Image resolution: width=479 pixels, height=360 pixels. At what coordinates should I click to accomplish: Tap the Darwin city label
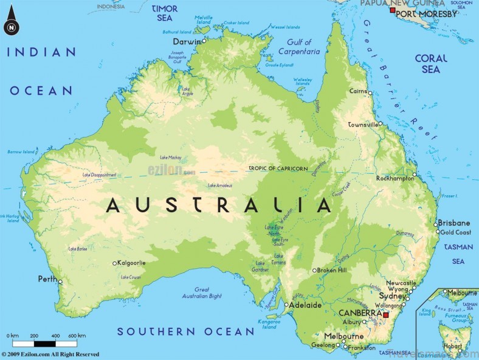coord(186,41)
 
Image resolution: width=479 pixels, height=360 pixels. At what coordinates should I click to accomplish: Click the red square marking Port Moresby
coord(393,12)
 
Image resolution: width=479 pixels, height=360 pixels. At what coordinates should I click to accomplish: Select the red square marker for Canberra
coord(385,315)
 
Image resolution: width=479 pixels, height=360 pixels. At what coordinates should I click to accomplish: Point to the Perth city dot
coord(60,282)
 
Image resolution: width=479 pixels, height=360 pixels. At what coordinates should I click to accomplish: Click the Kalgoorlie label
coord(132,263)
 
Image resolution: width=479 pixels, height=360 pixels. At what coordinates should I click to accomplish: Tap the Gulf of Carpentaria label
coord(299,47)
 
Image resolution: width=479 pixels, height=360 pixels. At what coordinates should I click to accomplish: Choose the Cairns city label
coord(357,92)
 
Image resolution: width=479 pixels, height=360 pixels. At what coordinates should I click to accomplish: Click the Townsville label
coord(362,124)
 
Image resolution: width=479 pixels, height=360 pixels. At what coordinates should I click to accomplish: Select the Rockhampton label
coord(395,178)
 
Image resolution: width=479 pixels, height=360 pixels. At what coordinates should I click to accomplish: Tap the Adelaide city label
coord(305,305)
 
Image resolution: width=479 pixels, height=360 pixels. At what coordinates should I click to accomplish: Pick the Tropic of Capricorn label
coord(278,168)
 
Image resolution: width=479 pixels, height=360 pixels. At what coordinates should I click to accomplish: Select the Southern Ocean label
coord(185,331)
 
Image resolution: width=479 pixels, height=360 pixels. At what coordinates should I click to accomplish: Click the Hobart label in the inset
coord(452,345)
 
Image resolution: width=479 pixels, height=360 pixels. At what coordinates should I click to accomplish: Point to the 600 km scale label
coord(77,336)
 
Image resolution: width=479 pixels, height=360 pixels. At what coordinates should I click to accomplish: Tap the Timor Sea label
coord(164,13)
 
